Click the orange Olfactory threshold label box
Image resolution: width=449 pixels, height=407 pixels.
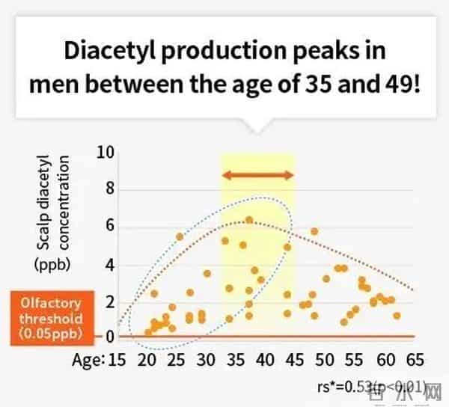coord(47,318)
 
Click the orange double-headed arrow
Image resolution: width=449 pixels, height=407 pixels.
coord(257,175)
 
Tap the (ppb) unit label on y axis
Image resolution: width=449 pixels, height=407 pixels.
coord(49,264)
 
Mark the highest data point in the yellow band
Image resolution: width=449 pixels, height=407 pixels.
coord(250,220)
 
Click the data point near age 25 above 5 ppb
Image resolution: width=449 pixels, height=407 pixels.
coord(180,236)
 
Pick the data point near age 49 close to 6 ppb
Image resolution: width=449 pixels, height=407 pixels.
coord(314,232)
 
